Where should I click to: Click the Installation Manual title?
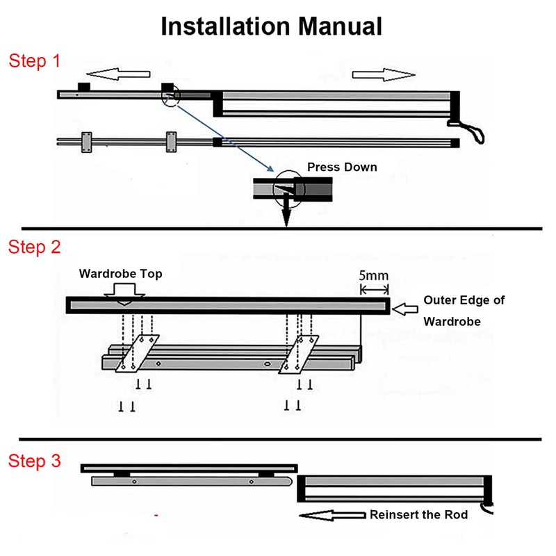pyautogui.click(x=272, y=26)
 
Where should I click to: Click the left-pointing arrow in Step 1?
pyautogui.click(x=117, y=73)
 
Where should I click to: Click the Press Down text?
pyautogui.click(x=342, y=167)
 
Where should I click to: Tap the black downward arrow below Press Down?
pyautogui.click(x=286, y=217)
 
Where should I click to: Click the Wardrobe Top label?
pyautogui.click(x=120, y=274)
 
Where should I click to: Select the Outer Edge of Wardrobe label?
pyautogui.click(x=464, y=311)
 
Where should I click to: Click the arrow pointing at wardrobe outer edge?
pyautogui.click(x=404, y=306)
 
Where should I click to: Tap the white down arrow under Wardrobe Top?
pyautogui.click(x=122, y=296)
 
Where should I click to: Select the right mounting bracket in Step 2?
pyautogui.click(x=299, y=354)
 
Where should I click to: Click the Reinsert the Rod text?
pyautogui.click(x=418, y=515)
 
